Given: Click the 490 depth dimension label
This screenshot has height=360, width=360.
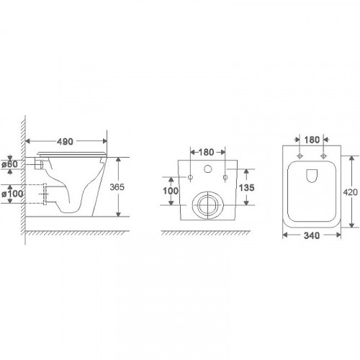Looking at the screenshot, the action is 65,142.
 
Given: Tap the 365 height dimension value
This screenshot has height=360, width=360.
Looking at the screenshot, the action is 117,187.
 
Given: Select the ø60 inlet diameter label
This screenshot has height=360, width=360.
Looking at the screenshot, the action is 9,164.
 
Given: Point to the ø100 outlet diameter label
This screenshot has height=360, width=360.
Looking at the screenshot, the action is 12,194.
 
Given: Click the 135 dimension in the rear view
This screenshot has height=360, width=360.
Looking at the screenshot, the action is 246,187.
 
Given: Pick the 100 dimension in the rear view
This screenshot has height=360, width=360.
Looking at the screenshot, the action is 171,191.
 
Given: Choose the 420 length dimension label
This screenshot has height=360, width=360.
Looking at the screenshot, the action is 351,192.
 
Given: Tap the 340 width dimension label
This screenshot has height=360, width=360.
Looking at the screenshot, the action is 312,235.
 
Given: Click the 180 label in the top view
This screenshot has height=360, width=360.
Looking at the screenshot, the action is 312,140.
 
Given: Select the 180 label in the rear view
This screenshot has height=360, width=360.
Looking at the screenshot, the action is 206,152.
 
